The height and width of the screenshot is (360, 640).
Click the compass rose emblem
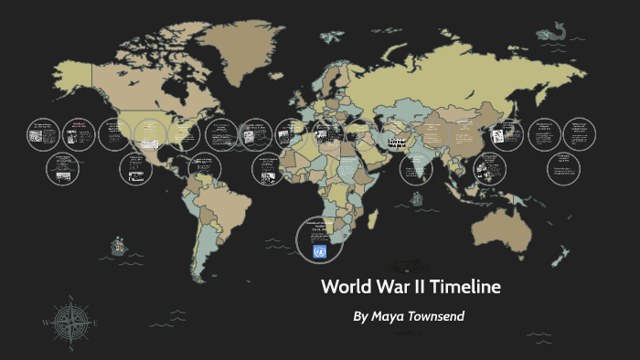pyautogui.click(x=68, y=321)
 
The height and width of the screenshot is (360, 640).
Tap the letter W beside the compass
pyautogui.click(x=46, y=322)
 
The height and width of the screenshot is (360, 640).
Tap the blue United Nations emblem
pyautogui.click(x=319, y=249)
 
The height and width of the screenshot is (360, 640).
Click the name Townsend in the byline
pyautogui.click(x=435, y=316)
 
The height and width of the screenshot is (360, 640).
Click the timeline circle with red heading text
pyautogui.click(x=79, y=133)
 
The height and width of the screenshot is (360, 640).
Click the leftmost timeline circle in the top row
pyautogui.click(x=42, y=134)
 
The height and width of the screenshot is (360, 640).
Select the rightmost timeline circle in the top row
pyautogui.click(x=578, y=133)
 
